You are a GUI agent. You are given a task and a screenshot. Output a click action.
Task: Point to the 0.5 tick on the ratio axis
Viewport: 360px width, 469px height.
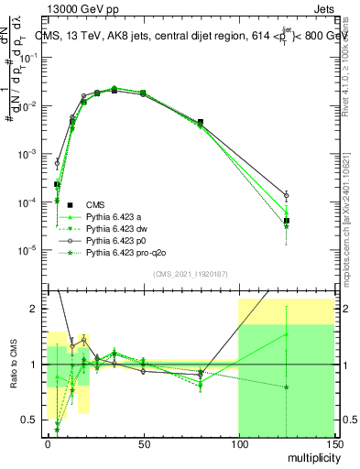[30, 420]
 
